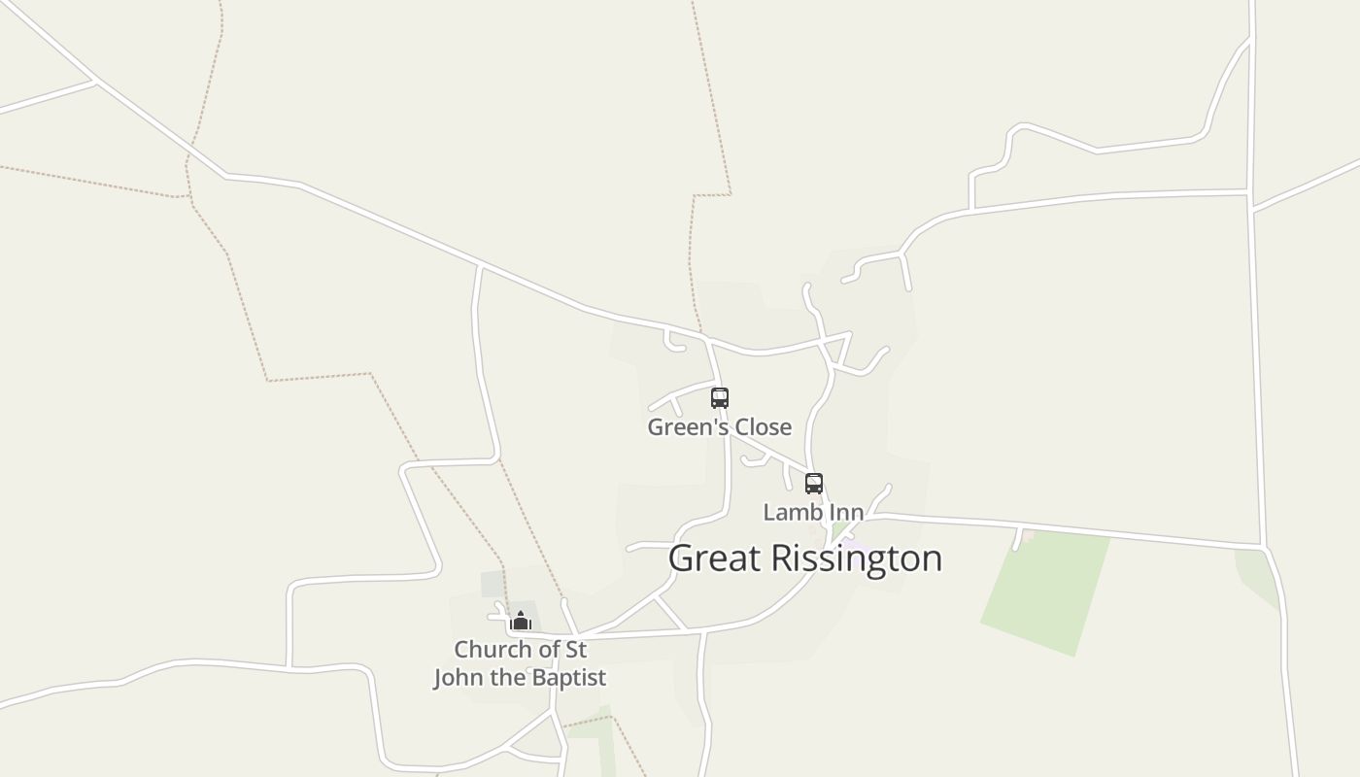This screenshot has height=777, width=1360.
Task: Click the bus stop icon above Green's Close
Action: point(719,397)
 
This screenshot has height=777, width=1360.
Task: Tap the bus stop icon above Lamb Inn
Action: point(814,483)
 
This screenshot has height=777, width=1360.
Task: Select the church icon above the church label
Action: point(521,621)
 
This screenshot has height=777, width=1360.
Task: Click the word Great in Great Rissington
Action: point(714,558)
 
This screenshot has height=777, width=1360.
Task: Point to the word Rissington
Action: point(857,558)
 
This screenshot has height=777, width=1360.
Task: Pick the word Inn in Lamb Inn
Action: point(846,512)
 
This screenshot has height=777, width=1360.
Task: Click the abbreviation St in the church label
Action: point(575,649)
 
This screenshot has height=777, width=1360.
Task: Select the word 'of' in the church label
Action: point(549,649)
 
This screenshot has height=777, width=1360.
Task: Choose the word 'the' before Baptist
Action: point(510,677)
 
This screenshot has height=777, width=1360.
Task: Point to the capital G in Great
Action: point(681,558)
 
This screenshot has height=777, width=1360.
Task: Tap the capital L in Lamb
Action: point(769,512)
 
